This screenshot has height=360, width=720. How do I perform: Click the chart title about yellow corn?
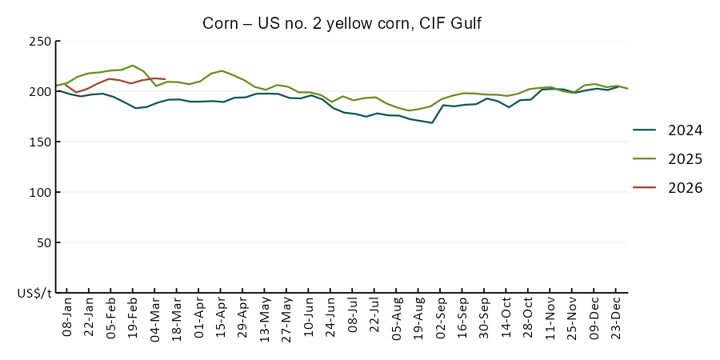coord(342,23)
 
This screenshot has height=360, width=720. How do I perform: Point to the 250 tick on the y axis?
coord(40,42)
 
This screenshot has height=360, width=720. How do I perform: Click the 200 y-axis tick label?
coord(40,92)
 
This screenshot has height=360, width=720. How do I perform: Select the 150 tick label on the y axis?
coord(40,142)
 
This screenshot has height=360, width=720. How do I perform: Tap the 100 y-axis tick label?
coord(40,193)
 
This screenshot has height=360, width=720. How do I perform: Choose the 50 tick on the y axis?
coord(43,243)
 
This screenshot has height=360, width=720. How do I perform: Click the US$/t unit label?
coord(34,294)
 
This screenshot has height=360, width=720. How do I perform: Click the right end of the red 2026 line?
coord(165,79)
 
